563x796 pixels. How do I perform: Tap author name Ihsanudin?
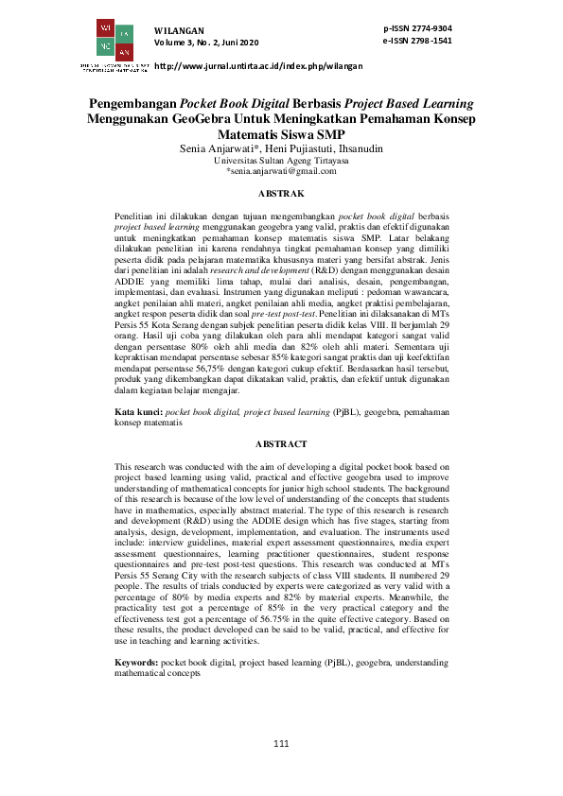[360, 149]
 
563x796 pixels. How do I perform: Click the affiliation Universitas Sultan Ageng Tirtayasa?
[281, 161]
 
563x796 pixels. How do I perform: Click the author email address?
[281, 171]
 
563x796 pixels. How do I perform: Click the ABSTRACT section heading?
[281, 443]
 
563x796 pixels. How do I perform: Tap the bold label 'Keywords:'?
[137, 665]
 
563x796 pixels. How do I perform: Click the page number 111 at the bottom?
[281, 744]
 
